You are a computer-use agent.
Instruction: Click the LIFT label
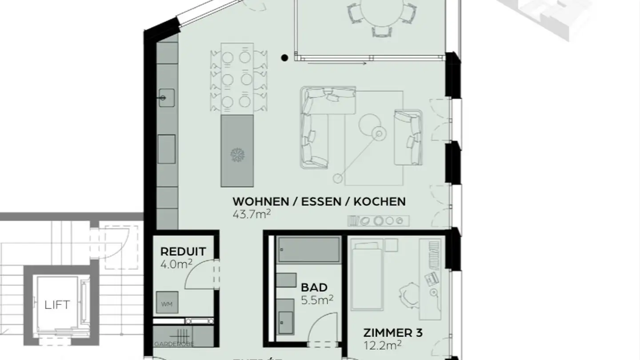pyautogui.click(x=57, y=305)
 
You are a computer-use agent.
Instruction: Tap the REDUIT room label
pyautogui.click(x=183, y=252)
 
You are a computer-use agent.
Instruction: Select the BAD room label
pyautogui.click(x=314, y=288)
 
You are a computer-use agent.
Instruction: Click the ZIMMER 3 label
pyautogui.click(x=393, y=332)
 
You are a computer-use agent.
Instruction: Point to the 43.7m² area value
pyautogui.click(x=252, y=214)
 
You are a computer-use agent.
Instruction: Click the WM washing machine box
pyautogui.click(x=167, y=304)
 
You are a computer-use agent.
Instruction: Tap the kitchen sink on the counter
pyautogui.click(x=168, y=97)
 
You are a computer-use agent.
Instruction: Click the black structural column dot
pyautogui.click(x=284, y=57)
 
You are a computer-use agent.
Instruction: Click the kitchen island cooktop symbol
pyautogui.click(x=237, y=155)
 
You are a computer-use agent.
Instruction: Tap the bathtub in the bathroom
pyautogui.click(x=308, y=249)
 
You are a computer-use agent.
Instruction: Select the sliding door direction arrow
pyautogui.click(x=338, y=64)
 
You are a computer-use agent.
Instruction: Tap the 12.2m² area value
pyautogui.click(x=383, y=344)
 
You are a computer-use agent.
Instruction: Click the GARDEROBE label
pyautogui.click(x=174, y=344)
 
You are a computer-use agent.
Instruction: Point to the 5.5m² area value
pyautogui.click(x=317, y=300)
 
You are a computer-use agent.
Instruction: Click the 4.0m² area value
pyautogui.click(x=176, y=264)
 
